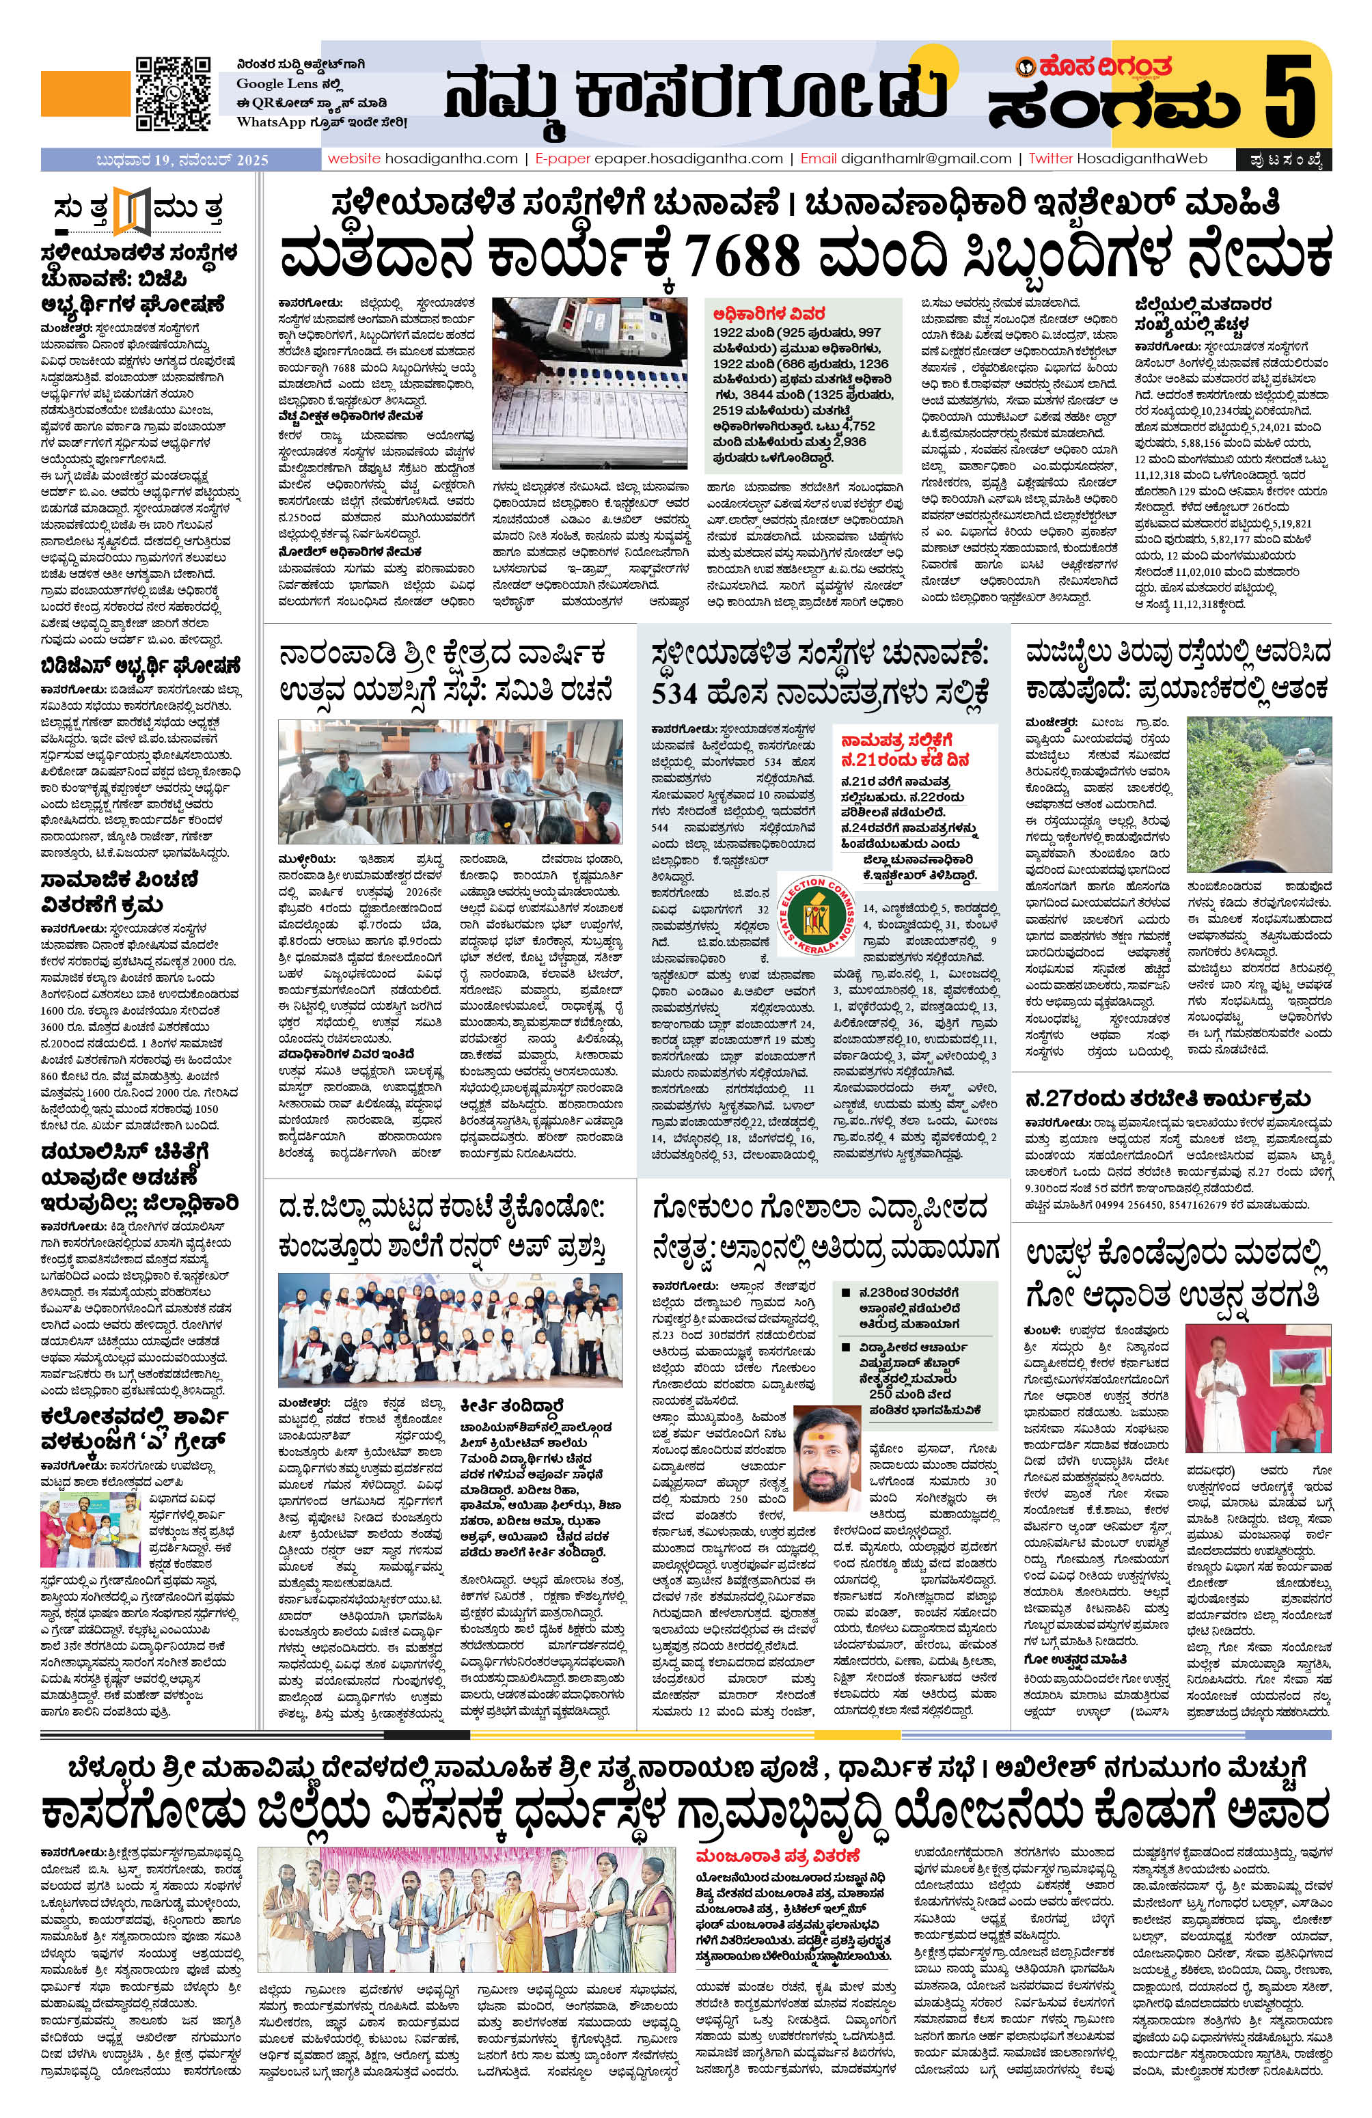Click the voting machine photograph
pyautogui.click(x=588, y=382)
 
